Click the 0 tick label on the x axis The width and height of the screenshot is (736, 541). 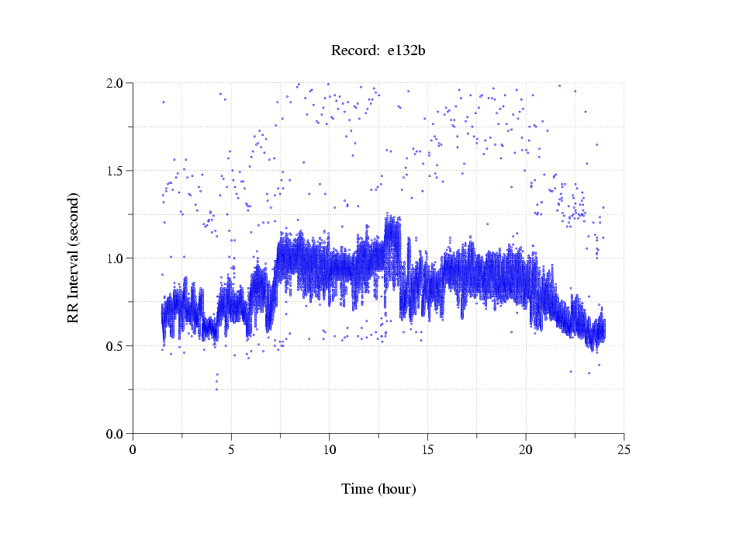[x=133, y=449]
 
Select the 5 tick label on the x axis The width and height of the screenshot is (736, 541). [x=231, y=449]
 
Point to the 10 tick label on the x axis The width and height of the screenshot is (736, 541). [x=330, y=449]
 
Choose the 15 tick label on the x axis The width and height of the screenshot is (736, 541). [x=427, y=449]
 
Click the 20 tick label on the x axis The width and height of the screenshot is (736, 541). [x=526, y=449]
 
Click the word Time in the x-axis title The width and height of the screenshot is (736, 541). [x=358, y=490]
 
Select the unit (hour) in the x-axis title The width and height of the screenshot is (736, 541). [x=397, y=490]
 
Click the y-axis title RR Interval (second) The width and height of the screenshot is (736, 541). [x=74, y=258]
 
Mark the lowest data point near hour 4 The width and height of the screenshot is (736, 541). [x=216, y=389]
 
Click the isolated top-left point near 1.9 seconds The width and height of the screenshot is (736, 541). [x=163, y=102]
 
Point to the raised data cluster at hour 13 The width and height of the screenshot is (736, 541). [x=392, y=233]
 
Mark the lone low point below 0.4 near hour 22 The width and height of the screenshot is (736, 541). [x=571, y=371]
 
